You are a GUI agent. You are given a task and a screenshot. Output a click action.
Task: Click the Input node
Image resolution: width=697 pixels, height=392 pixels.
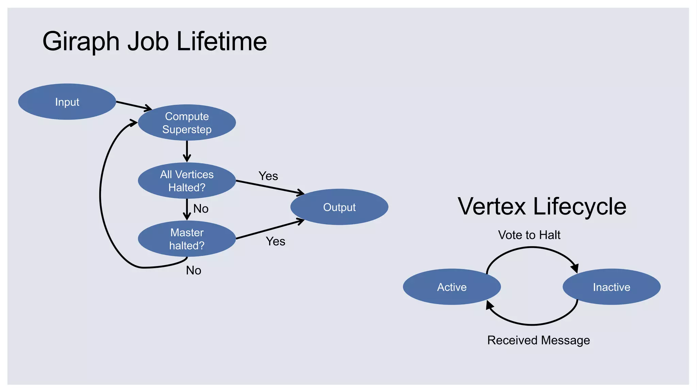point(67,102)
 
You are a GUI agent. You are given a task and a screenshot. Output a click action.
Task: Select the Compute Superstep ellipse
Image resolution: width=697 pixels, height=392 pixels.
point(187,122)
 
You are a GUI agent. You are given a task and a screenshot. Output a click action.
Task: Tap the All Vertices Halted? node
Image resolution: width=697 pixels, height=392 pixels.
point(187,181)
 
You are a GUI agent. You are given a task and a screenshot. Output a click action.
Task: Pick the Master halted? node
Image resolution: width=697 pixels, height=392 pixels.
point(187,239)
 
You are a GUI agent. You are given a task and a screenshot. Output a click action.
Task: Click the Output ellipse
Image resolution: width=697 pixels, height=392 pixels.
point(339,207)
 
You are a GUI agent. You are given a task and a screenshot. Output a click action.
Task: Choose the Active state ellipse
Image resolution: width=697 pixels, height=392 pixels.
point(452,287)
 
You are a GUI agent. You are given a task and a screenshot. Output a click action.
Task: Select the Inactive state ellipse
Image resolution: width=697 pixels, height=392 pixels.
point(612,287)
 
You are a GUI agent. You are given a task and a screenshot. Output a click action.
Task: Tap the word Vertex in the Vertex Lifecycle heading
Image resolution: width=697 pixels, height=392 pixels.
point(492,207)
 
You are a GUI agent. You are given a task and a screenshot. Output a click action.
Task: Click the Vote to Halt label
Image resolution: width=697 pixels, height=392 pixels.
point(529,235)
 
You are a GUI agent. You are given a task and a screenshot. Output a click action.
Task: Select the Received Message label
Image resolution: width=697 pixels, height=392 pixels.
point(538,340)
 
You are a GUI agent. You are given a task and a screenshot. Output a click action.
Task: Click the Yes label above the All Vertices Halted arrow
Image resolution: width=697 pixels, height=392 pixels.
point(268,176)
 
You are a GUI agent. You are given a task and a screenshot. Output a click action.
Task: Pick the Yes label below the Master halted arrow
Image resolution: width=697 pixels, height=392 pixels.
point(275,241)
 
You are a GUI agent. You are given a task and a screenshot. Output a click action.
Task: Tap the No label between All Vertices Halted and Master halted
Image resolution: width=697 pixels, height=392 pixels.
point(201,209)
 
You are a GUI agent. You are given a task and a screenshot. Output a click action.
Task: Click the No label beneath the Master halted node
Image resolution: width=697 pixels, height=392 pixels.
point(194,270)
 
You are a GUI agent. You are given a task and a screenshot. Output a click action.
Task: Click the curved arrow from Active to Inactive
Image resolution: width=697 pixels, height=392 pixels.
point(532,248)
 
